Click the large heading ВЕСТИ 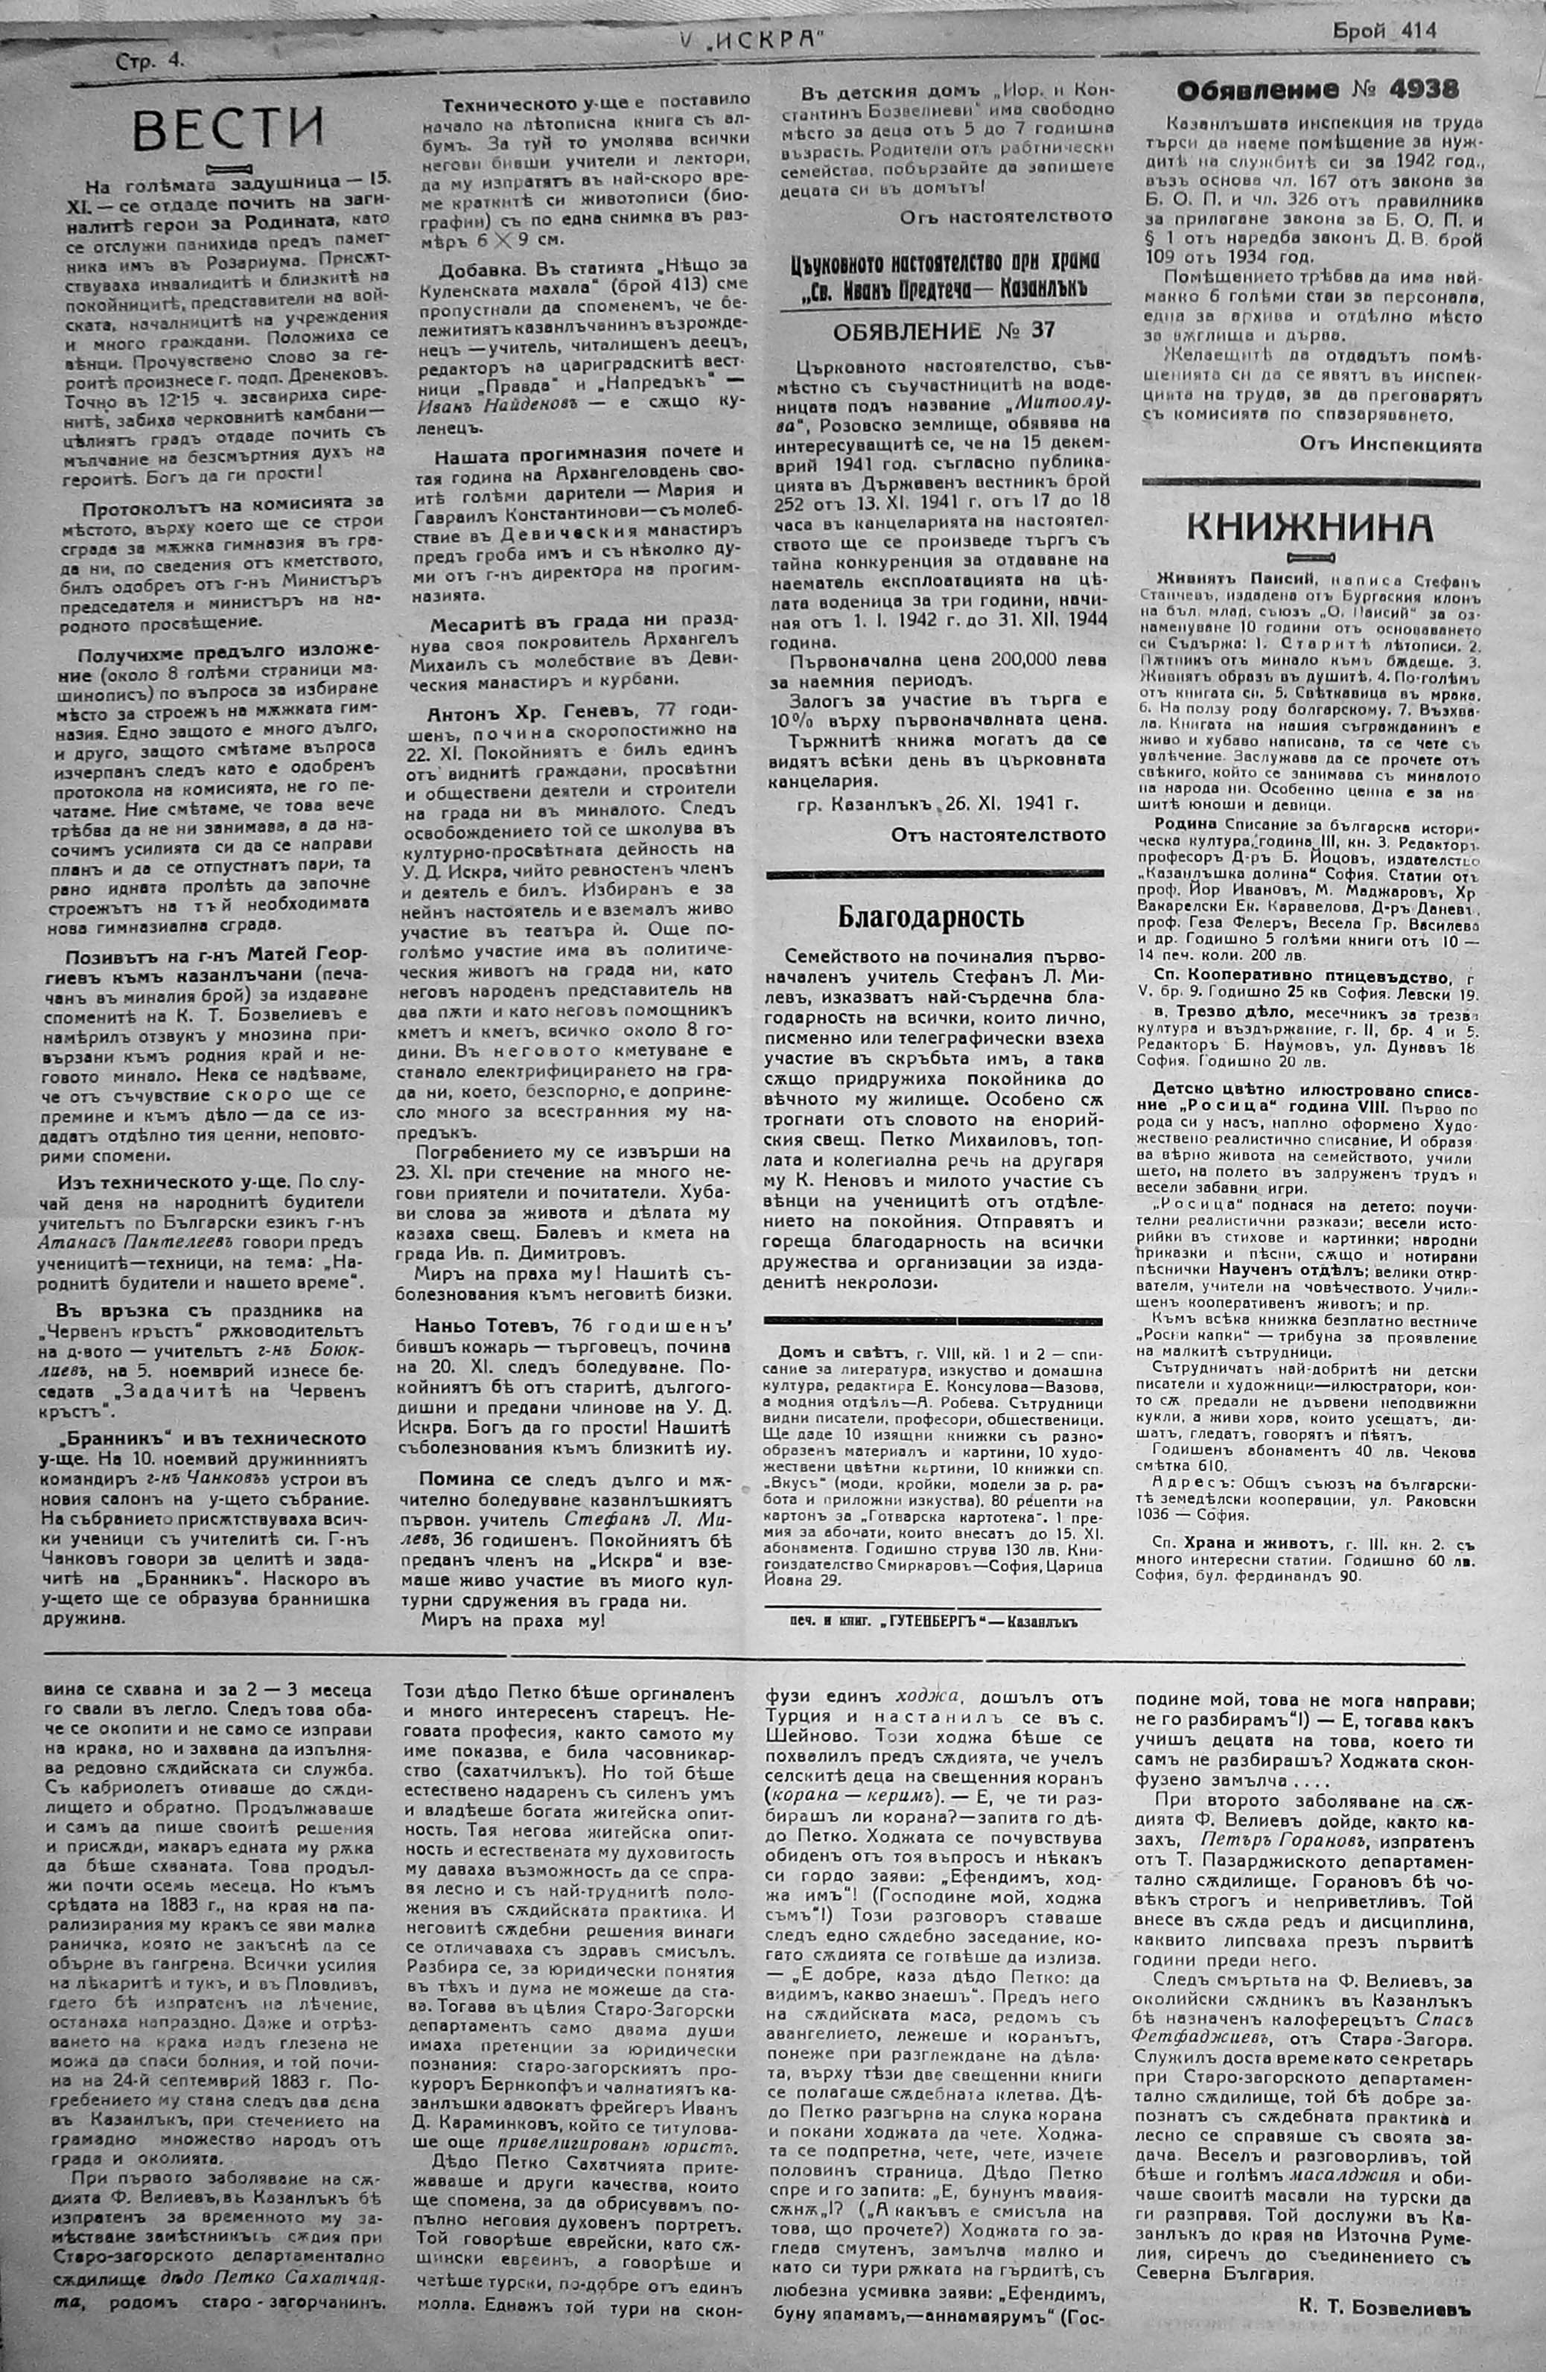tap(229, 127)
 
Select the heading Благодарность tap(930, 916)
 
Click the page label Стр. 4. tap(150, 61)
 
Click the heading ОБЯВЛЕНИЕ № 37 tap(932, 330)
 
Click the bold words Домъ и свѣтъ tap(840, 1353)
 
